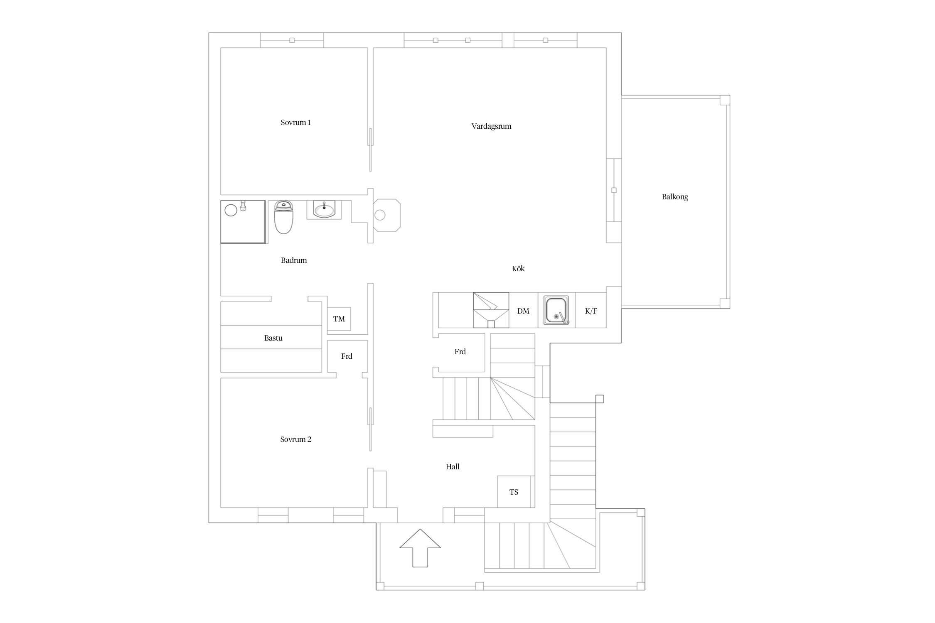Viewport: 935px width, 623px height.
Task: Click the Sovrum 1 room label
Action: click(x=295, y=123)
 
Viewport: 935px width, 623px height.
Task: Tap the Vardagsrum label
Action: click(x=491, y=126)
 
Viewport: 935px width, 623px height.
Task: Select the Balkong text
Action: click(x=675, y=197)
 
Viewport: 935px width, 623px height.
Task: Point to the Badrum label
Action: click(x=294, y=260)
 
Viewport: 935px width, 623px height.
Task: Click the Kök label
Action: click(x=518, y=269)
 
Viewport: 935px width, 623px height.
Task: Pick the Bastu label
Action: click(x=273, y=338)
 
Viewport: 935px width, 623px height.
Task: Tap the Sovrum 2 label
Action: click(x=295, y=439)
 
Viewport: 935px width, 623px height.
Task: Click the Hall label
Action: click(x=453, y=467)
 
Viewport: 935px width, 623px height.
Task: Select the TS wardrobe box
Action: click(x=514, y=492)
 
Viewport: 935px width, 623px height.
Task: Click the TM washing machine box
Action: click(x=339, y=319)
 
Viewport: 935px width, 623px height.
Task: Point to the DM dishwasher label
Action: click(x=523, y=311)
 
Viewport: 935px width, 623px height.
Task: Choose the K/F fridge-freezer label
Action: click(x=591, y=311)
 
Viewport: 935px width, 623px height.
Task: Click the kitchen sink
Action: click(x=556, y=311)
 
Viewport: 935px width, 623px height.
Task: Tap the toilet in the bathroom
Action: click(x=284, y=217)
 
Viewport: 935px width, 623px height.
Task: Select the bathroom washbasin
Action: click(x=324, y=210)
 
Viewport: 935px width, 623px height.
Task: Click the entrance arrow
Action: click(x=420, y=548)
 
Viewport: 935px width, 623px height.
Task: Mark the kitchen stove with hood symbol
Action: click(x=491, y=310)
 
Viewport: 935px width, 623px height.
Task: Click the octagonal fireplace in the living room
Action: click(x=387, y=215)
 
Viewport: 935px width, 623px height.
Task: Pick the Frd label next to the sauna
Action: click(x=347, y=356)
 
